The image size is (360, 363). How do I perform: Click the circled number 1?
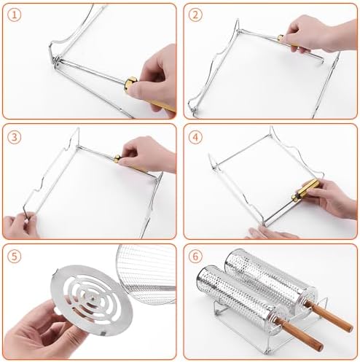[14, 15]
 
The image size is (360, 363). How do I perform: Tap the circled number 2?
[195, 15]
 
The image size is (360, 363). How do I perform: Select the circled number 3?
[14, 137]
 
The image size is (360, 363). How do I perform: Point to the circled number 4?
[195, 137]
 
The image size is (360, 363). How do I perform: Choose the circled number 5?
[14, 257]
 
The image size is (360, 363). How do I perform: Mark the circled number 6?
[195, 257]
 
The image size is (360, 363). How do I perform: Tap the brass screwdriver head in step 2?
[281, 38]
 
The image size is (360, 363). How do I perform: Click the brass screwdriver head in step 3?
[117, 158]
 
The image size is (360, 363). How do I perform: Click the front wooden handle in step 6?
[300, 334]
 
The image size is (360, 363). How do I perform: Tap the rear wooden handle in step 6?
[329, 316]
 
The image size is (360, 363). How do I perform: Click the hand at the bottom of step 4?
[268, 233]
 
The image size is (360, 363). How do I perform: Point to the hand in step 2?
[321, 33]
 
